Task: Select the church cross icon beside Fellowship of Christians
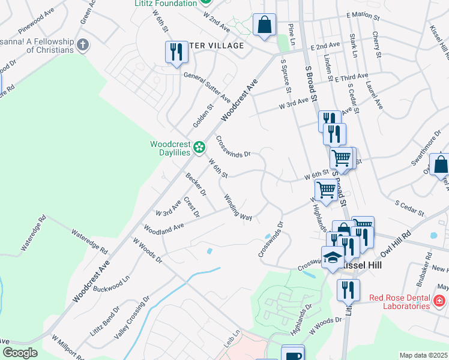[x=83, y=44]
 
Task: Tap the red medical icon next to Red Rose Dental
[x=439, y=301]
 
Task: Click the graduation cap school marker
[x=332, y=258]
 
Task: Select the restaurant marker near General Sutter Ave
[x=176, y=52]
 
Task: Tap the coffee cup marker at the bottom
[x=292, y=354]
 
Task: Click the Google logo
[x=20, y=352]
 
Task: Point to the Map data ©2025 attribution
[x=423, y=355]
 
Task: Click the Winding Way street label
[x=238, y=207]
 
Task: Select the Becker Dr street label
[x=196, y=185]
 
